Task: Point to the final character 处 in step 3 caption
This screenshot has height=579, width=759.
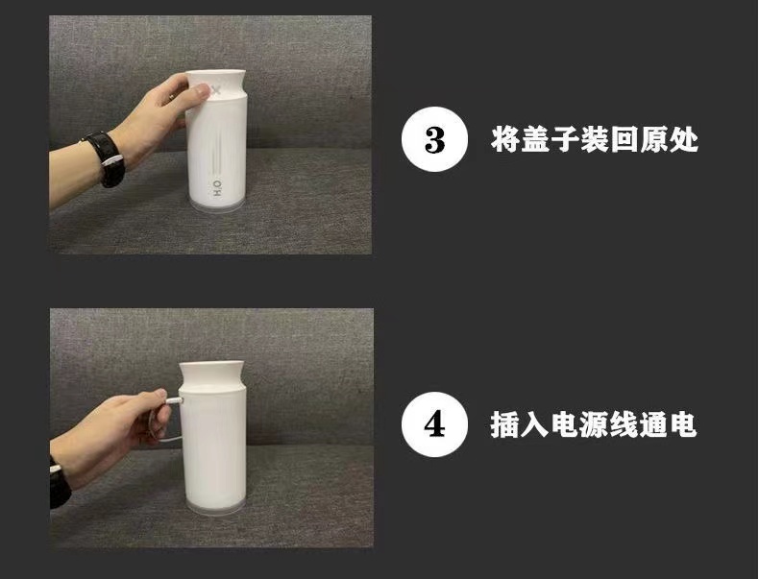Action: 683,140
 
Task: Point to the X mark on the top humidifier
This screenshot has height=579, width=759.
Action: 216,91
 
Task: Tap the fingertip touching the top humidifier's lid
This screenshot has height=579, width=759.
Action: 201,90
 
